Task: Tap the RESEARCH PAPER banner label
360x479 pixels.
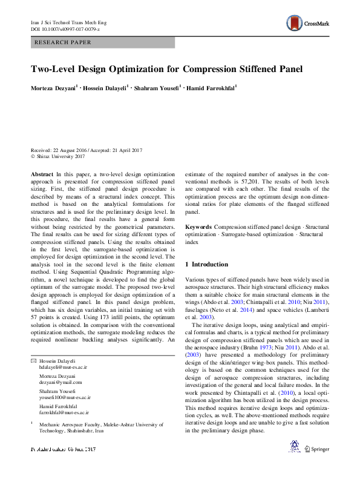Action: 64,42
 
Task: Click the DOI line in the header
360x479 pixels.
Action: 65,29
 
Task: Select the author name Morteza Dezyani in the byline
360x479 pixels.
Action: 53,88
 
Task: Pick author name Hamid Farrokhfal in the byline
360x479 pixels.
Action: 209,88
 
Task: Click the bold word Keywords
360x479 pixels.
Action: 198,226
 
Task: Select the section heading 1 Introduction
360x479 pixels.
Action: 206,265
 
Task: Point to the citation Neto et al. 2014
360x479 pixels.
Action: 236,309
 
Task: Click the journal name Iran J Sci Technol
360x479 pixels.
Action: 64,22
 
